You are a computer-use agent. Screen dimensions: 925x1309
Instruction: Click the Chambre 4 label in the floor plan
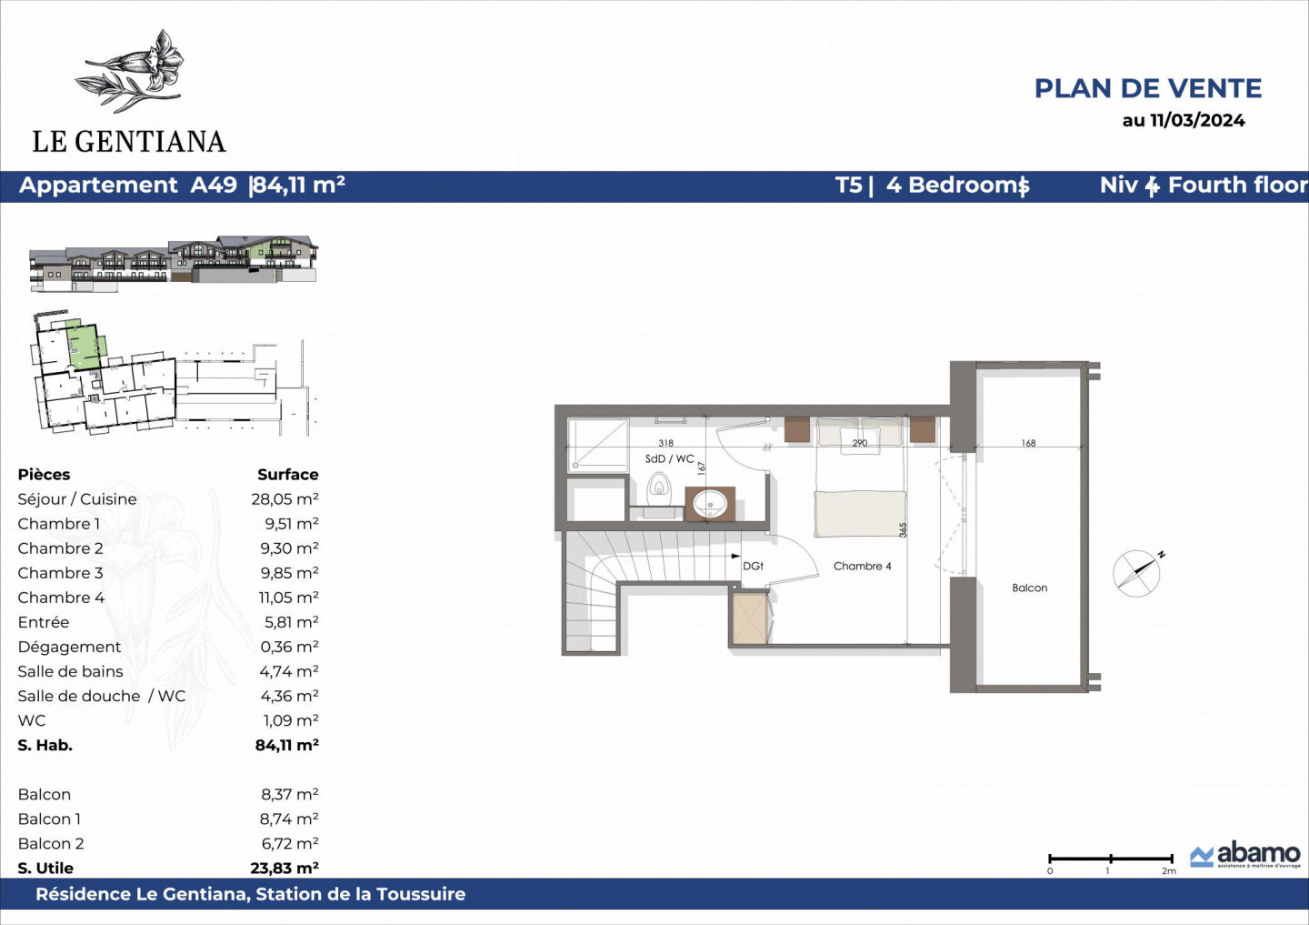pos(862,566)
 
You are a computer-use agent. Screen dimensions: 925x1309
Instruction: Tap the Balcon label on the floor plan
pos(1029,588)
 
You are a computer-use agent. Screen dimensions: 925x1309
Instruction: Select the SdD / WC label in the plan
pos(669,459)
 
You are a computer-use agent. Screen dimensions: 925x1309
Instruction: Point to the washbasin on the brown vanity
pos(710,503)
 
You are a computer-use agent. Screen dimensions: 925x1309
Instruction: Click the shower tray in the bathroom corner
pos(598,444)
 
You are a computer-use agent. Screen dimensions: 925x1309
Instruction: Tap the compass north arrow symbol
pos(1136,573)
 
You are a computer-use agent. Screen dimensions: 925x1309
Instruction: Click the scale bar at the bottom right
pos(1110,859)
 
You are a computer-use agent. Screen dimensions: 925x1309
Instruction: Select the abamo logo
pos(1245,855)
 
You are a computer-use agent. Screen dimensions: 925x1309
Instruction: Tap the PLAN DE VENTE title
pos(1147,88)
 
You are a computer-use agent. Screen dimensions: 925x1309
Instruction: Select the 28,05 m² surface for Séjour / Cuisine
pos(285,498)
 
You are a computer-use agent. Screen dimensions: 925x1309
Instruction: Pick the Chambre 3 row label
pos(60,573)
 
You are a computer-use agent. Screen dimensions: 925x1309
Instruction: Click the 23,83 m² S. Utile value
pos(284,868)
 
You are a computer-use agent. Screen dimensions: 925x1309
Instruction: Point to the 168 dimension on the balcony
pos(1028,443)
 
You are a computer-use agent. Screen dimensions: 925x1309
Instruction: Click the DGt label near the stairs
pos(753,566)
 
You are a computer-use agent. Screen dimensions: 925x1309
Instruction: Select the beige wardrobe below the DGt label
pos(750,618)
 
